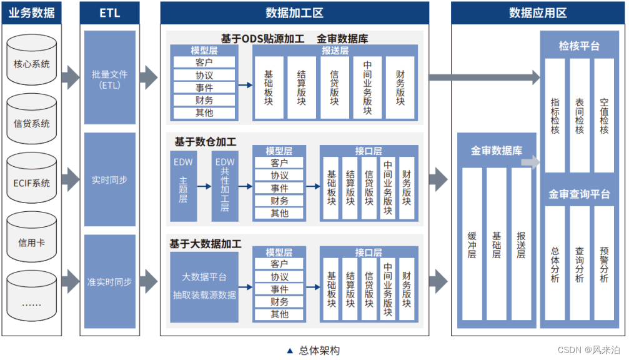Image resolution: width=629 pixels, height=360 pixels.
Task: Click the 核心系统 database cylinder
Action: (32, 63)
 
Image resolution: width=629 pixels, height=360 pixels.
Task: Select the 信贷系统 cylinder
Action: (32, 122)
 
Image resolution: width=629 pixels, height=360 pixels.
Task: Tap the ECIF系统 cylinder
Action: (32, 182)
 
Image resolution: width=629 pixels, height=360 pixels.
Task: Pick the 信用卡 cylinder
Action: (32, 242)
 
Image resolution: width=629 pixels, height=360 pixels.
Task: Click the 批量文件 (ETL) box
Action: (109, 79)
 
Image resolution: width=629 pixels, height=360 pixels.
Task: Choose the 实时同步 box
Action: (109, 179)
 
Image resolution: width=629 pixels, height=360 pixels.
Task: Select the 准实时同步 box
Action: (109, 281)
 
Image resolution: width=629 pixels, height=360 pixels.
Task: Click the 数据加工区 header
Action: (294, 12)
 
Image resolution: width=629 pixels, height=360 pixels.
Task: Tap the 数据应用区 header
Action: (537, 12)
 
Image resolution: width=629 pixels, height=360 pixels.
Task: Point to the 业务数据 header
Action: (32, 12)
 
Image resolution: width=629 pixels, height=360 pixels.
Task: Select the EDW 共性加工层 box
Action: (225, 186)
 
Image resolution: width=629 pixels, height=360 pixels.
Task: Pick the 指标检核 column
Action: (555, 116)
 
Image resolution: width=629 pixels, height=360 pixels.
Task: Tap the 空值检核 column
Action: (604, 116)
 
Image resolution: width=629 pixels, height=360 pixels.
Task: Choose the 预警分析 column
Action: (604, 264)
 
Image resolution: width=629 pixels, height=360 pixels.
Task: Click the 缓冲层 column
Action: (472, 245)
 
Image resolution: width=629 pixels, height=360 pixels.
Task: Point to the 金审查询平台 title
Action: (579, 194)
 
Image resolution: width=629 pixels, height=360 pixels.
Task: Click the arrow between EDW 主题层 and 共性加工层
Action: (204, 186)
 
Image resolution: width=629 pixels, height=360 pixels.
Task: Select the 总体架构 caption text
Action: (319, 351)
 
